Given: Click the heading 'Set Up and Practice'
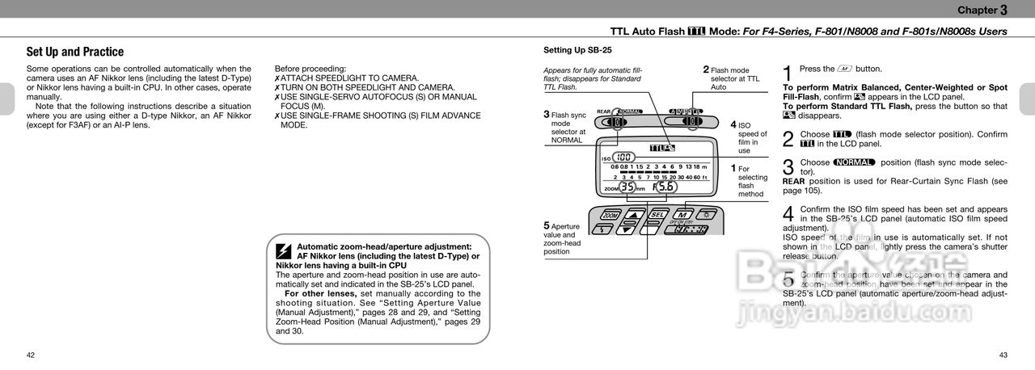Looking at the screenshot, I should coord(75,52).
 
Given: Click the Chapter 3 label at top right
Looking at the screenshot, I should coord(982,10).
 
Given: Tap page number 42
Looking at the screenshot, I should coord(31,355).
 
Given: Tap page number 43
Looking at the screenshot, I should coord(1003,355).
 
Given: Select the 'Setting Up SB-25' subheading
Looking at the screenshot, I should coord(577,50).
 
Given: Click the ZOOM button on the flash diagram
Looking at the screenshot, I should coord(610,216).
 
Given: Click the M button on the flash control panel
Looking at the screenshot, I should coord(681,216).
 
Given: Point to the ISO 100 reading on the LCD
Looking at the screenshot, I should coord(623,158).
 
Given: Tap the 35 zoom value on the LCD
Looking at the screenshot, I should coord(627,187).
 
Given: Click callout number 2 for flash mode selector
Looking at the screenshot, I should coord(706,69).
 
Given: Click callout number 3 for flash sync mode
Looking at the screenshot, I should coord(547,114).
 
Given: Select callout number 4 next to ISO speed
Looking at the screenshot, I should coord(733,124).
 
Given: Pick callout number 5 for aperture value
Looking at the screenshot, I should coord(547,225).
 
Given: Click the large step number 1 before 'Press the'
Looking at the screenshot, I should coord(788,74).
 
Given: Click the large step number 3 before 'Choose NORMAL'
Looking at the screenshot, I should coord(788,166).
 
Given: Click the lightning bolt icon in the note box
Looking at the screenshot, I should coord(283,250).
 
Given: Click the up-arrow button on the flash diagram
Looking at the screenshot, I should coord(635,216).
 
